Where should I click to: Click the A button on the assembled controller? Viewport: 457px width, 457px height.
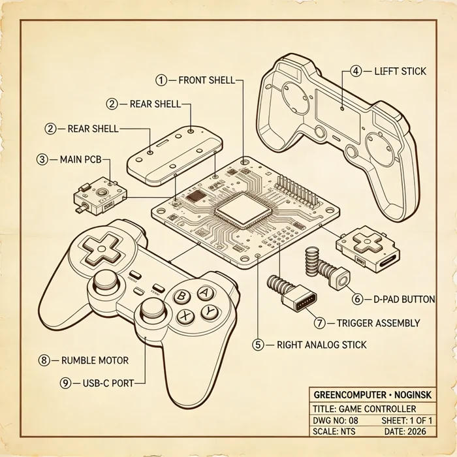(x=206, y=292)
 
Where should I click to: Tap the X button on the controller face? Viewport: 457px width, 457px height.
(x=185, y=315)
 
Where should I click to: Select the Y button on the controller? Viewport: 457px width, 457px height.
(x=210, y=312)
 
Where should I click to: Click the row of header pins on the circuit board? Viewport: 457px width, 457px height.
(x=296, y=191)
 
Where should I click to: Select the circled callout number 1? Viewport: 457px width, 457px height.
(x=161, y=80)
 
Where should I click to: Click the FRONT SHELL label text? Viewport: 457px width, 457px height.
(x=206, y=80)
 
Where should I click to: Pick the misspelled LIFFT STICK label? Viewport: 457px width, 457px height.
(x=400, y=71)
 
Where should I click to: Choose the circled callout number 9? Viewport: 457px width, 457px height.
(x=65, y=383)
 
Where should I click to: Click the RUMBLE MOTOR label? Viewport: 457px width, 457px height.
(x=95, y=360)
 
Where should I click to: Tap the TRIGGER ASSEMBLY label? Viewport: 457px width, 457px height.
(x=378, y=323)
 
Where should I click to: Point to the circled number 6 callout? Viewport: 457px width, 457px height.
(x=357, y=299)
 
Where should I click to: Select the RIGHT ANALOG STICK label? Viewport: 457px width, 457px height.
(x=321, y=345)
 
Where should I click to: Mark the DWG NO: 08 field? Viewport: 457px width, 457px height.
(x=336, y=420)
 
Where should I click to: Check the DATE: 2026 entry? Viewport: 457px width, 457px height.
(x=405, y=432)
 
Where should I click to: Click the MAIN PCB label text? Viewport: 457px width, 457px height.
(x=81, y=159)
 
